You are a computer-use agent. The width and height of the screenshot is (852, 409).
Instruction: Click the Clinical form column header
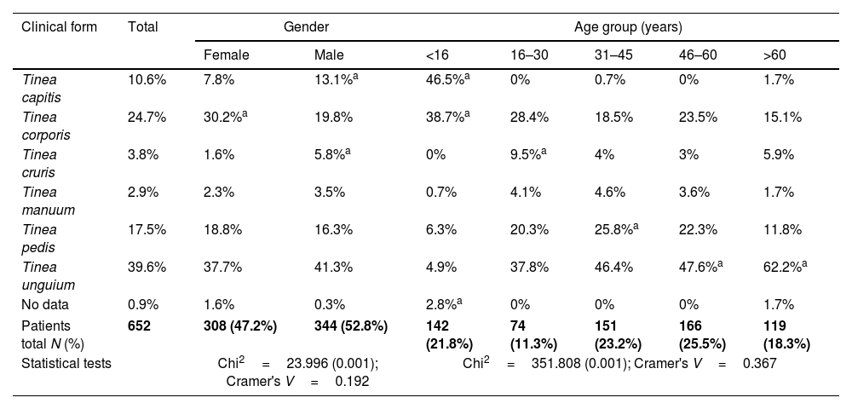(60, 26)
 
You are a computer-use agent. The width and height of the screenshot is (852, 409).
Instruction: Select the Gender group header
(306, 26)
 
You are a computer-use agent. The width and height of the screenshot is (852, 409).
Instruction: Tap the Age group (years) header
(628, 27)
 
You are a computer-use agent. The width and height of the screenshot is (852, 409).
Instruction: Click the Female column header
(226, 55)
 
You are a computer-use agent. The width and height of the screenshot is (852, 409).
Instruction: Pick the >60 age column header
(774, 55)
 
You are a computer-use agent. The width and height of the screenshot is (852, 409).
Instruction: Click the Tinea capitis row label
(41, 89)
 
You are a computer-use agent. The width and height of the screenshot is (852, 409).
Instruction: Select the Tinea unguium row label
(49, 276)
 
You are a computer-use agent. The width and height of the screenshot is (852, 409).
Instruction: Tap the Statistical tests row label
(66, 363)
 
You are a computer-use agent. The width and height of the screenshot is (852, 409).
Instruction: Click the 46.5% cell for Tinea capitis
(448, 79)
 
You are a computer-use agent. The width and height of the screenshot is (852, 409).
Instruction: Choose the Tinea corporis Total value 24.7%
(147, 118)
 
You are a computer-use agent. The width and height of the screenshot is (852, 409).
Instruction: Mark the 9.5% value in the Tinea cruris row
(528, 154)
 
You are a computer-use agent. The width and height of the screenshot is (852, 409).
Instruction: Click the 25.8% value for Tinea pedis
(616, 229)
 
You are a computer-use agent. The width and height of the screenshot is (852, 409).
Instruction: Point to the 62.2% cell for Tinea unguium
(786, 267)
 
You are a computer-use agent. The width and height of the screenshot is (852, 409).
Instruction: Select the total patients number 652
(139, 325)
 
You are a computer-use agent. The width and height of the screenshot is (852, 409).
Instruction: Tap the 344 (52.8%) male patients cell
(351, 325)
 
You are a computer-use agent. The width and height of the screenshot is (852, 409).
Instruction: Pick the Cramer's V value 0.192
(352, 381)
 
